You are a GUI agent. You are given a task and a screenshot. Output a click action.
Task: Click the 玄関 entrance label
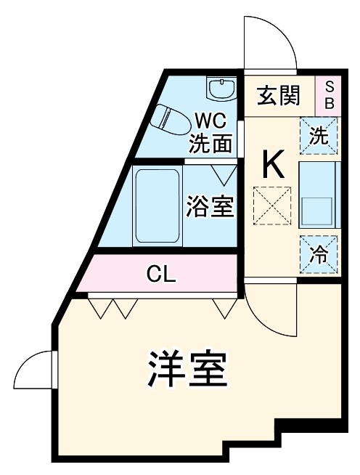pyautogui.click(x=279, y=94)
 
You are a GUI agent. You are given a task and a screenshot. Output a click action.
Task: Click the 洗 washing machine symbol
pyautogui.click(x=319, y=135)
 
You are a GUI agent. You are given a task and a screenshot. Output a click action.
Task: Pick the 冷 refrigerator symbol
pyautogui.click(x=319, y=254)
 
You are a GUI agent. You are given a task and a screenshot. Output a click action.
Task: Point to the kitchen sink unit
pyautogui.click(x=319, y=194)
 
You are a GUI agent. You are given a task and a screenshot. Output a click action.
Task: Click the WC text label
pyautogui.click(x=211, y=118)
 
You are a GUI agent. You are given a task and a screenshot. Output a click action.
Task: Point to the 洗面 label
pyautogui.click(x=211, y=143)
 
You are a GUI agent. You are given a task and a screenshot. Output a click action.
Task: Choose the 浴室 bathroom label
pyautogui.click(x=210, y=206)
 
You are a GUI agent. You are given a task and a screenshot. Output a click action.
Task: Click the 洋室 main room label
pyautogui.click(x=189, y=369)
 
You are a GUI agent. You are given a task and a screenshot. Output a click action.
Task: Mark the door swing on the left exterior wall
pyautogui.click(x=33, y=370)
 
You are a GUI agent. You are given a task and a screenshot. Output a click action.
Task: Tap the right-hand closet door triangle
pyautogui.click(x=224, y=307)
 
